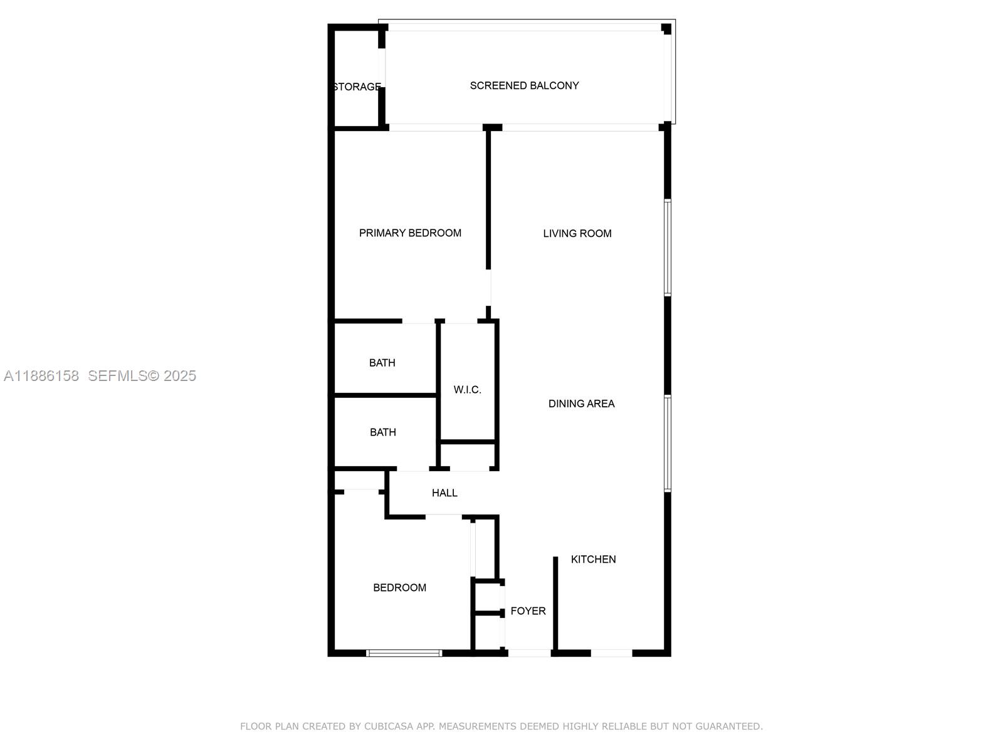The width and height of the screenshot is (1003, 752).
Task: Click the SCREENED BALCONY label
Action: pyautogui.click(x=524, y=86)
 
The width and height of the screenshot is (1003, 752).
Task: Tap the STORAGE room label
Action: pyautogui.click(x=357, y=87)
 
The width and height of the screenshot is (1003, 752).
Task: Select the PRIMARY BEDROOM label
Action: pyautogui.click(x=410, y=233)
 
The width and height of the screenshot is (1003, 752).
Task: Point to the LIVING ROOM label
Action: pyautogui.click(x=577, y=234)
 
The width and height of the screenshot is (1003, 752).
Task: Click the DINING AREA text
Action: pyautogui.click(x=581, y=404)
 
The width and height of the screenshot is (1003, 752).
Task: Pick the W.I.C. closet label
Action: pyautogui.click(x=467, y=390)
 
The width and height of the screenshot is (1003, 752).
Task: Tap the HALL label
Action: pyautogui.click(x=444, y=493)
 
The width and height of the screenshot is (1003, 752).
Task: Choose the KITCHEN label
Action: pyautogui.click(x=593, y=559)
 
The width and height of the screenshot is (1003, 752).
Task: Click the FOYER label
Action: pyautogui.click(x=528, y=611)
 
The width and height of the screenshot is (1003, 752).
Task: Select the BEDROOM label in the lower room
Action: pyautogui.click(x=399, y=588)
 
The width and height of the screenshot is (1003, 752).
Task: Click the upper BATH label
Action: pyautogui.click(x=382, y=363)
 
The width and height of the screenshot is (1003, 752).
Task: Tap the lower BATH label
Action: pyautogui.click(x=382, y=432)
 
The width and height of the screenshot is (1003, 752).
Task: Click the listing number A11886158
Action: pyautogui.click(x=41, y=376)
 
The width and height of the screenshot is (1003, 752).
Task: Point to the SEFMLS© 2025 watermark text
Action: pyautogui.click(x=142, y=376)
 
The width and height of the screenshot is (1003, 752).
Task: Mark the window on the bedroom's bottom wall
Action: pyautogui.click(x=404, y=653)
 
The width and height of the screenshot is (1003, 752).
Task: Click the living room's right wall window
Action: pyautogui.click(x=668, y=248)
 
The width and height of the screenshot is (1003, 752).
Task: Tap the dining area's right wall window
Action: pyautogui.click(x=668, y=443)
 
